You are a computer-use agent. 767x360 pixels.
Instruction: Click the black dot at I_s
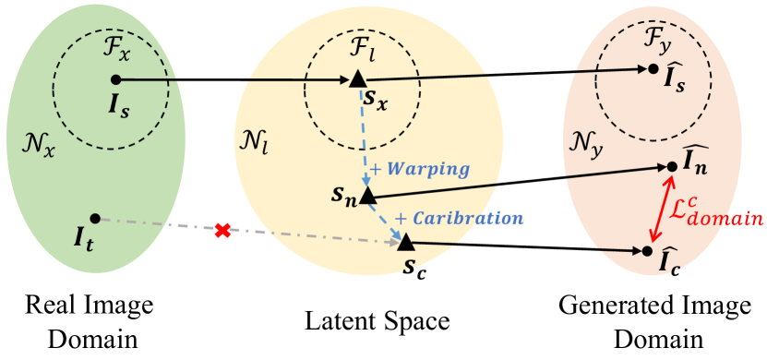point(115,79)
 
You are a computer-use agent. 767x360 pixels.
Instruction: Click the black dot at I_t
point(95,218)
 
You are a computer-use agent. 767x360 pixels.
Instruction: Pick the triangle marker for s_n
point(366,196)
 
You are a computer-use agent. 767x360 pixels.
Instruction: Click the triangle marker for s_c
point(405,242)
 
